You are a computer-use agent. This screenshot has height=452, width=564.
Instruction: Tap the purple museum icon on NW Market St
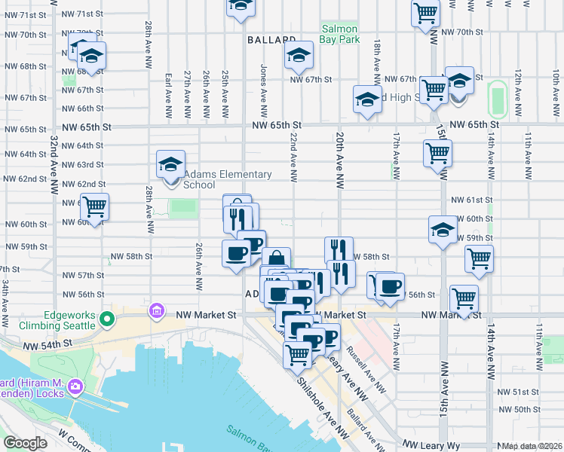158,310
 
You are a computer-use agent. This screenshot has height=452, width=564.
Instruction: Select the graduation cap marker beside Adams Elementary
170,164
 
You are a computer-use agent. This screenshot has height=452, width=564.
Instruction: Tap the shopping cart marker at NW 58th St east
479,258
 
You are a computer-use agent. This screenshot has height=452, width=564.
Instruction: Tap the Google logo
26,443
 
